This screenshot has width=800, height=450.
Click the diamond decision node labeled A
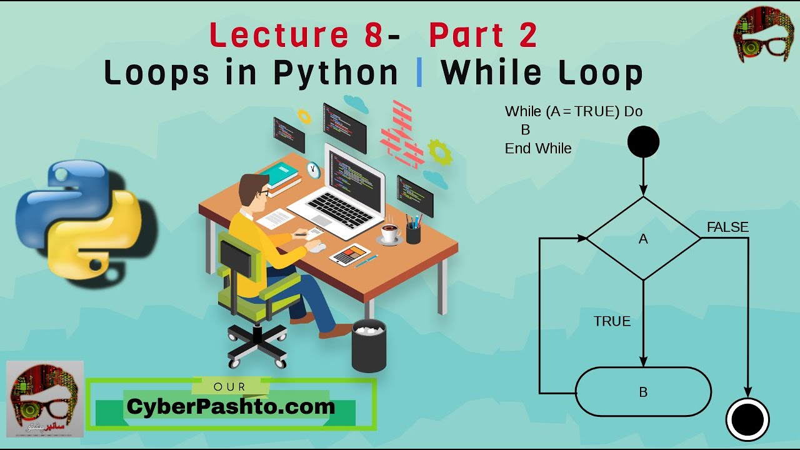[x=643, y=238]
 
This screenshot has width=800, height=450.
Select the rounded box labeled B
[x=643, y=392]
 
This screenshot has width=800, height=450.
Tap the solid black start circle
[x=643, y=141]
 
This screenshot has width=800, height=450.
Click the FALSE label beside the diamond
[x=727, y=227]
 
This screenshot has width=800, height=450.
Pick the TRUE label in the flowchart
[x=612, y=321]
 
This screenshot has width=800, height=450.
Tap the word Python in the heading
[x=336, y=73]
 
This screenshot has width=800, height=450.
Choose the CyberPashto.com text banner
[x=231, y=407]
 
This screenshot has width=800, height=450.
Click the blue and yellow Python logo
[x=78, y=216]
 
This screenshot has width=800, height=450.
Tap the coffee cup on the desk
[x=391, y=232]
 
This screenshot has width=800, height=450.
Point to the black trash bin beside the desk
[x=369, y=345]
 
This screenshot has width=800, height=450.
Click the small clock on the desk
[x=313, y=169]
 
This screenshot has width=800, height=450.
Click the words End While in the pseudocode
[x=538, y=149]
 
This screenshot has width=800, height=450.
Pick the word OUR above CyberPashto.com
[x=230, y=387]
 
